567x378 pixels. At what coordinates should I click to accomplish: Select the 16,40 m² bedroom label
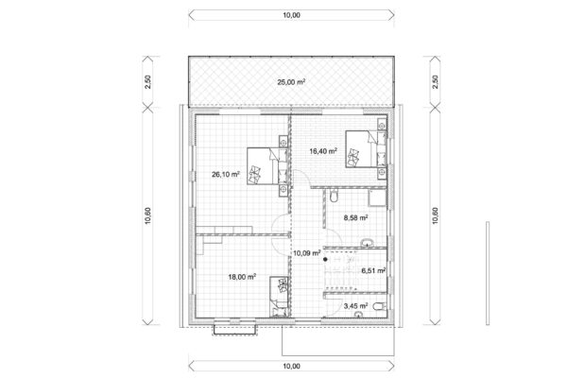pos(324,150)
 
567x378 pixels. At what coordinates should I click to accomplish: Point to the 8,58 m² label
pos(353,216)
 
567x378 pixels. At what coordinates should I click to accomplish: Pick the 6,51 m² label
pos(374,269)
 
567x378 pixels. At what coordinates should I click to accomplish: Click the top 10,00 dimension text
pos(291,15)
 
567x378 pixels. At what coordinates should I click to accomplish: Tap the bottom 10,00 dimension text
pos(291,365)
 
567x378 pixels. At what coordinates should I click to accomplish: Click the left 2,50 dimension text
pos(147,82)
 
